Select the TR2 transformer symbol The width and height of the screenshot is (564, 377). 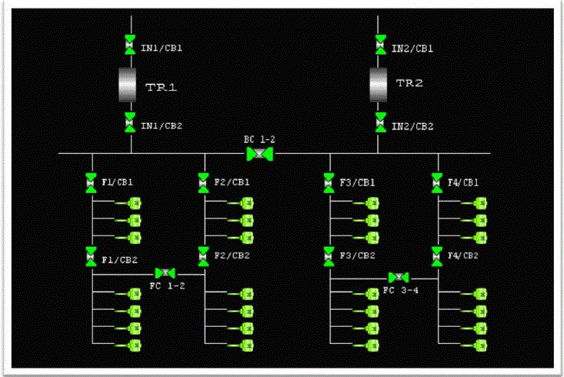click(x=378, y=83)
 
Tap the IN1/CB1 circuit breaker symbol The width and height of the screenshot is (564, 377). click(x=129, y=46)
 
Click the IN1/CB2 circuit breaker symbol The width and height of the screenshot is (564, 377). click(x=129, y=122)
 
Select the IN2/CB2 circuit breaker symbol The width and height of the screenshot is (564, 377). click(x=380, y=122)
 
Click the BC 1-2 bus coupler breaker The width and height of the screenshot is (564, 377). click(x=259, y=154)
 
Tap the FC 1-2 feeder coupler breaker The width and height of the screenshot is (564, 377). click(x=165, y=273)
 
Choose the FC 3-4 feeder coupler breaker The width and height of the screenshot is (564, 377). click(x=399, y=277)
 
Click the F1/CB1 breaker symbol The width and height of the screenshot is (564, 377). click(x=91, y=183)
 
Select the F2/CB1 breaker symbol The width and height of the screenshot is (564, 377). click(x=203, y=183)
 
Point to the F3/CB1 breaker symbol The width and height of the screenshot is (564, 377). click(x=329, y=183)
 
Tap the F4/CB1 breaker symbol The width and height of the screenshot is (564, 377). click(x=438, y=183)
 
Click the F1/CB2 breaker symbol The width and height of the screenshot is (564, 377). click(x=91, y=255)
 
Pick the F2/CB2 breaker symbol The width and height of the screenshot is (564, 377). click(x=203, y=255)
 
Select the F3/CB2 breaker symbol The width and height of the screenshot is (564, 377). click(x=329, y=255)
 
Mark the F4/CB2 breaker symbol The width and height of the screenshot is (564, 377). click(x=438, y=255)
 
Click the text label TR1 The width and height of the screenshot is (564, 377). click(x=162, y=87)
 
